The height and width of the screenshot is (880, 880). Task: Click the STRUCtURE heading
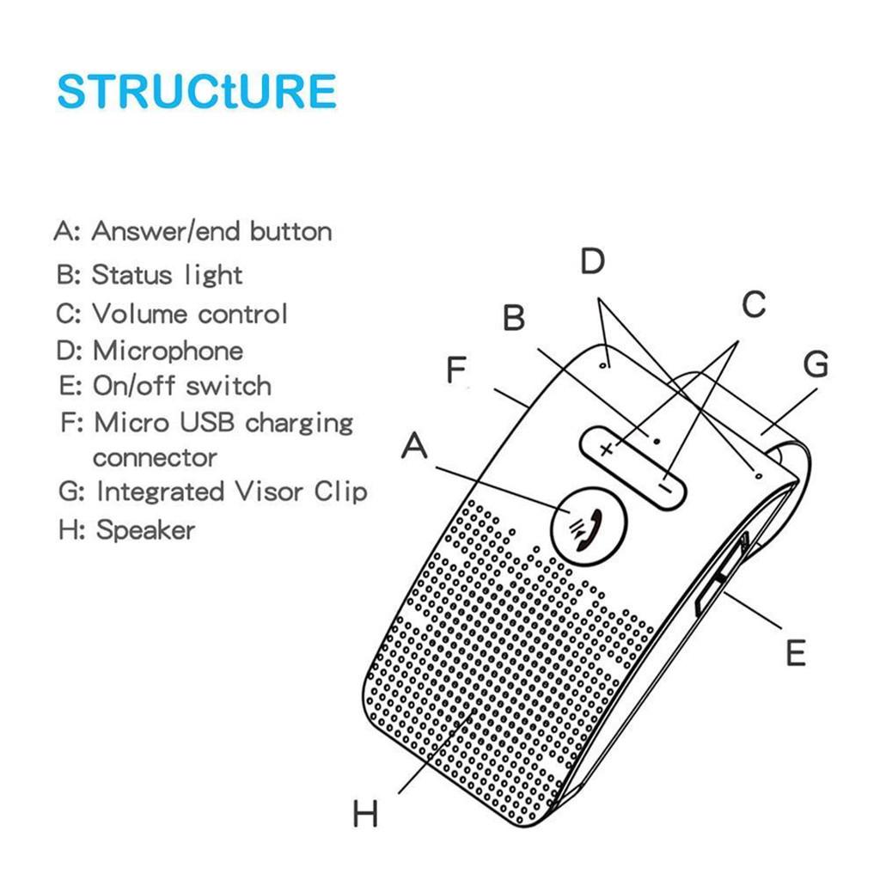196,92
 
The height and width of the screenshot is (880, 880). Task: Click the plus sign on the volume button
608,449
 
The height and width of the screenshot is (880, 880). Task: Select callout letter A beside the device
414,446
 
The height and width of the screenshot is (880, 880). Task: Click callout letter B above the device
513,318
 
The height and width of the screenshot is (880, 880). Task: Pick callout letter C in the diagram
753,304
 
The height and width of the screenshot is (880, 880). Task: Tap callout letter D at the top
592,261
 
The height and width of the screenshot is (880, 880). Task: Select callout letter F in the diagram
455,371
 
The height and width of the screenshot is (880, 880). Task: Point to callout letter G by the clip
815,364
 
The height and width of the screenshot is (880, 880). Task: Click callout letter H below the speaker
365,813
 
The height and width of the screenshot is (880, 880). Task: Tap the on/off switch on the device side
714,580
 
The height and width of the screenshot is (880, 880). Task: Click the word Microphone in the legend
168,351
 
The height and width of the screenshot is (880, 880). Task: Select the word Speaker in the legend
145,529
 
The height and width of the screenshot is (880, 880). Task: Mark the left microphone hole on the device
605,364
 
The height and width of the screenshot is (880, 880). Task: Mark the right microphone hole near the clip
758,473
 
